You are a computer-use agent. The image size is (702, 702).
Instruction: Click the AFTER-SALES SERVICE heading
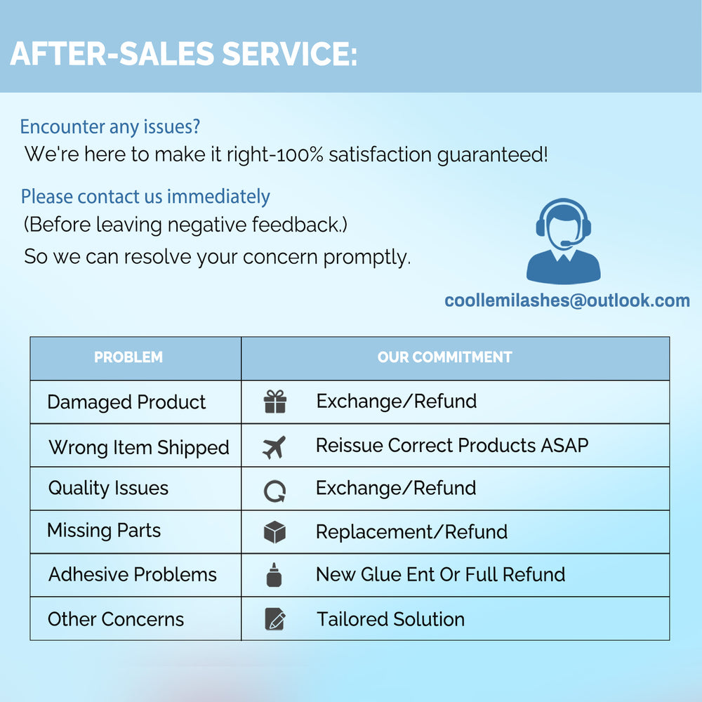tap(183, 54)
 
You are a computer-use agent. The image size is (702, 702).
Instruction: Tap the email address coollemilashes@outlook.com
tap(567, 300)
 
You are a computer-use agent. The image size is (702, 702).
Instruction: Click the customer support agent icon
tap(563, 241)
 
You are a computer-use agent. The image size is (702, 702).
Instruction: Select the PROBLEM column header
tap(128, 357)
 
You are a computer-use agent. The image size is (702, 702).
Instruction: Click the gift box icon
tap(275, 401)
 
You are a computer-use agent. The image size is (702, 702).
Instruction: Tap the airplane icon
tap(274, 447)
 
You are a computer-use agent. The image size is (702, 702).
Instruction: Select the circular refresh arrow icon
tap(274, 491)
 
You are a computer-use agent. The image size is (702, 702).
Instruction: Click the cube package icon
tap(274, 532)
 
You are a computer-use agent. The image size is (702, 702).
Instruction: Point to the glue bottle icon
tap(274, 575)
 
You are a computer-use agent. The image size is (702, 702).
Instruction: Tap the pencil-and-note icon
tap(275, 618)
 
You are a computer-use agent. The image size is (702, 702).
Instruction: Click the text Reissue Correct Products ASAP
tap(452, 446)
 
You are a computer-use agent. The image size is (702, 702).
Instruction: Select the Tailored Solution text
tap(390, 619)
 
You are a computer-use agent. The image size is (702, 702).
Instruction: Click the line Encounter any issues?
tap(110, 127)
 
